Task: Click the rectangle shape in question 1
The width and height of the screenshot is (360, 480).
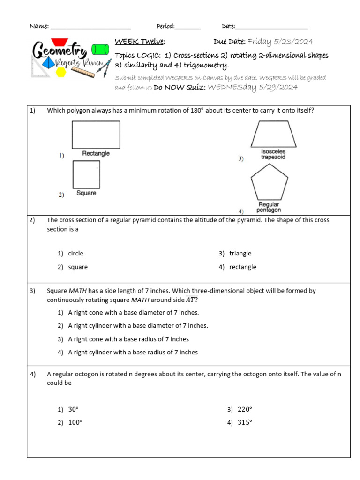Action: (x=96, y=135)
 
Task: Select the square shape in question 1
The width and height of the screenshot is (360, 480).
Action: (x=86, y=174)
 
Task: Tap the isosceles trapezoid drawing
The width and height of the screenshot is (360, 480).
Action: (x=273, y=135)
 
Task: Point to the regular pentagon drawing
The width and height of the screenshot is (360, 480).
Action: (x=269, y=185)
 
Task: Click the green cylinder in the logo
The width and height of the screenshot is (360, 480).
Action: (x=100, y=49)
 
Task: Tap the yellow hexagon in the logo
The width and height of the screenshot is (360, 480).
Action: (x=61, y=72)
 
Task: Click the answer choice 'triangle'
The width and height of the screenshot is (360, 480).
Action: (x=240, y=254)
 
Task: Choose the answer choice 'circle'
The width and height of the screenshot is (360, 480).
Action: (x=75, y=254)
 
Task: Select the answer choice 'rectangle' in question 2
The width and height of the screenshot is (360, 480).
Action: (x=242, y=267)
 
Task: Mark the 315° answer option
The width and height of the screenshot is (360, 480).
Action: (x=245, y=422)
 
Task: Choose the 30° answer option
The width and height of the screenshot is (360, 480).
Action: (x=73, y=409)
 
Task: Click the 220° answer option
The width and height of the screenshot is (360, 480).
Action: (x=245, y=409)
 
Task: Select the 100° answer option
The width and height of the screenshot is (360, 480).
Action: (x=75, y=422)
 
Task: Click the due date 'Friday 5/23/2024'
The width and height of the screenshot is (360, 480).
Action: (x=280, y=42)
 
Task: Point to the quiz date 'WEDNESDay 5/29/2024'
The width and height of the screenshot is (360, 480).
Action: (x=253, y=87)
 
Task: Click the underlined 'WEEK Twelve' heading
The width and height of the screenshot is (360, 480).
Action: (x=139, y=42)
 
